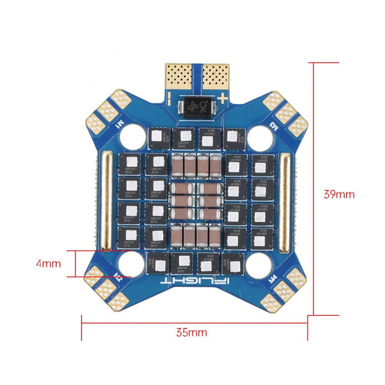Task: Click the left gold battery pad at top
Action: [x=179, y=76]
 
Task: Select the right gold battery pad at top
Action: [x=212, y=76]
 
